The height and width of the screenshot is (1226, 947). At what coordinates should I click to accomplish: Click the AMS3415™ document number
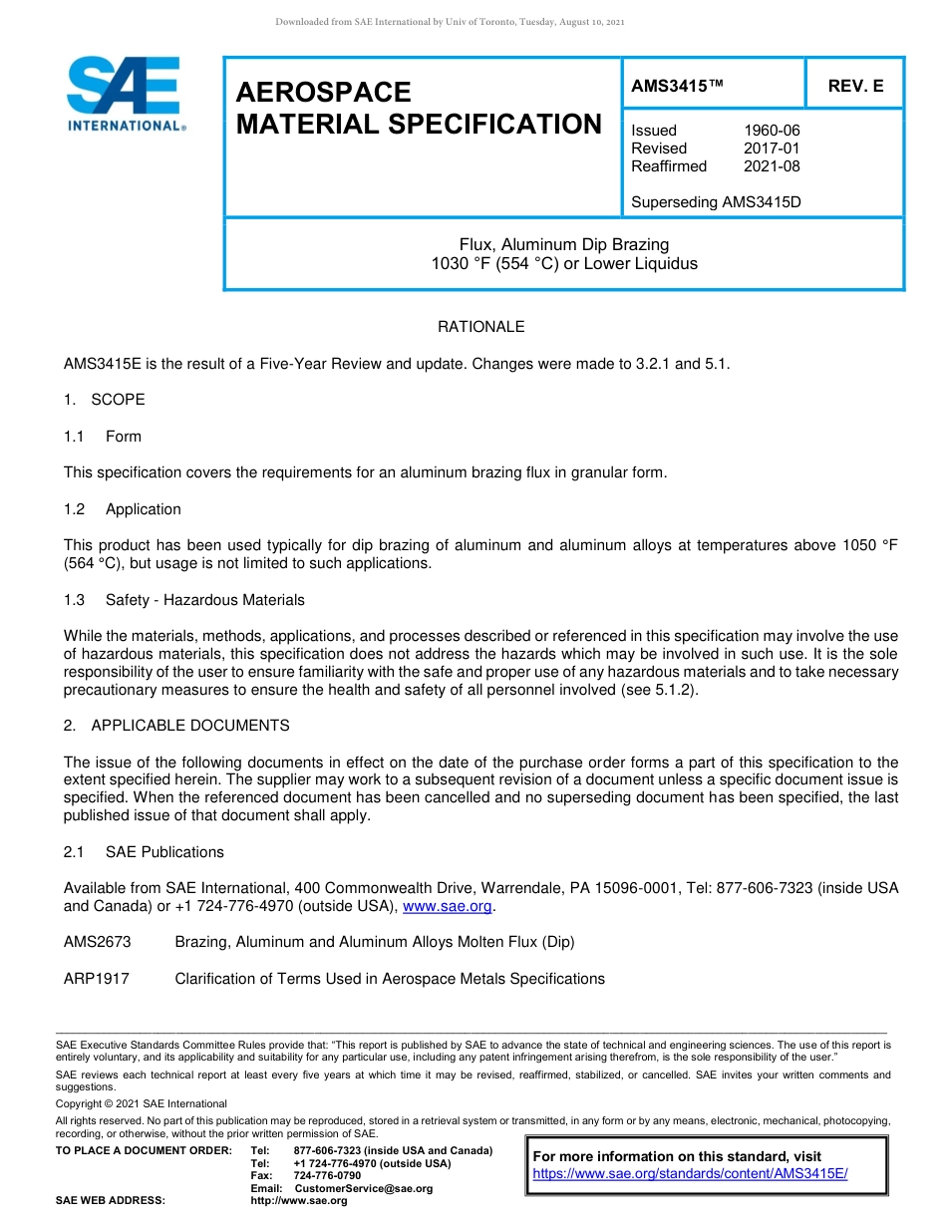pyautogui.click(x=676, y=87)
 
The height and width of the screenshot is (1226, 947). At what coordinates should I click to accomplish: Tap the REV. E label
pyautogui.click(x=855, y=87)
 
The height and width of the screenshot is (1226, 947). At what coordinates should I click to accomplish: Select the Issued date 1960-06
pyautogui.click(x=772, y=131)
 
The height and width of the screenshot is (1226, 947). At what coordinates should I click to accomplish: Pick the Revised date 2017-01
pyautogui.click(x=772, y=149)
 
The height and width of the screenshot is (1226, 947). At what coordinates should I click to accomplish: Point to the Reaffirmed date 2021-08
pyautogui.click(x=772, y=166)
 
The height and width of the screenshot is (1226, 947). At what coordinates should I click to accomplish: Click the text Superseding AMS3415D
pyautogui.click(x=716, y=202)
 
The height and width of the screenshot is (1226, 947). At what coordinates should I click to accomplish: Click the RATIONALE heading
pyautogui.click(x=480, y=327)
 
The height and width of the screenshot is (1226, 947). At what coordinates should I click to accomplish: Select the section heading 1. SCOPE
pyautogui.click(x=105, y=400)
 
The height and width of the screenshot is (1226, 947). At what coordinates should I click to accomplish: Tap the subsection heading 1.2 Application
pyautogui.click(x=123, y=509)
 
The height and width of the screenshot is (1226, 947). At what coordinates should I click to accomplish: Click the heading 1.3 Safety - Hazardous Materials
pyautogui.click(x=184, y=600)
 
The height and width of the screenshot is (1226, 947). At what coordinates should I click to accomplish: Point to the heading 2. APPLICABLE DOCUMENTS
pyautogui.click(x=176, y=726)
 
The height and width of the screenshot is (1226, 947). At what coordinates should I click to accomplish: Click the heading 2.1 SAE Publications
pyautogui.click(x=144, y=852)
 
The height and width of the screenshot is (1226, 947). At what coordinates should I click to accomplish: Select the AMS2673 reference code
pyautogui.click(x=97, y=942)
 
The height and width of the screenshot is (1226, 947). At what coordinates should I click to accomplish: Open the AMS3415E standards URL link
pyautogui.click(x=690, y=1174)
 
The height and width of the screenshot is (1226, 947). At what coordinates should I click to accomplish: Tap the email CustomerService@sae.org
pyautogui.click(x=364, y=1188)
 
